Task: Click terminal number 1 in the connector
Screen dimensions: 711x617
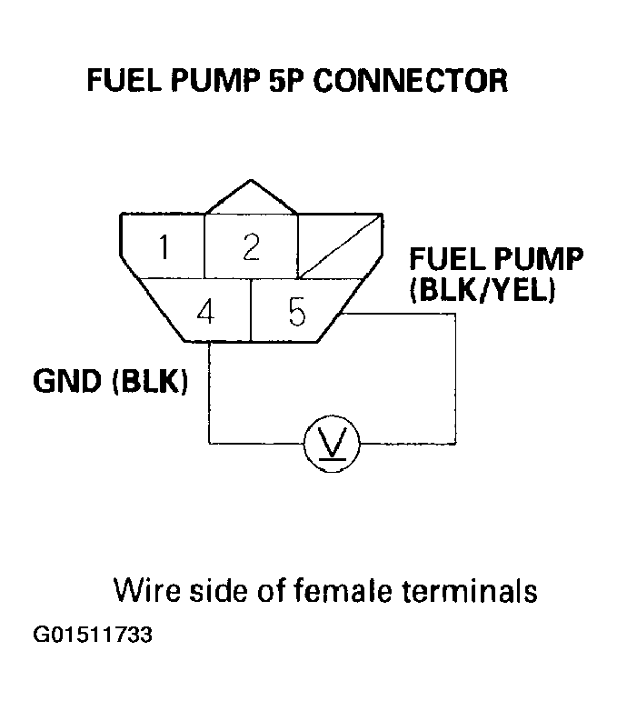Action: point(163,247)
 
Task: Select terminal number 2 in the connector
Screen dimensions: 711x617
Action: point(252,246)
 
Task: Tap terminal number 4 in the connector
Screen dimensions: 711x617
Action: point(205,312)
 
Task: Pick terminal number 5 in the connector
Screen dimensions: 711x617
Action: point(297,312)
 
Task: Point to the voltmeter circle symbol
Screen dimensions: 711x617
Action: point(332,444)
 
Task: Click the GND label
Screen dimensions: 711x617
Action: point(68,382)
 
